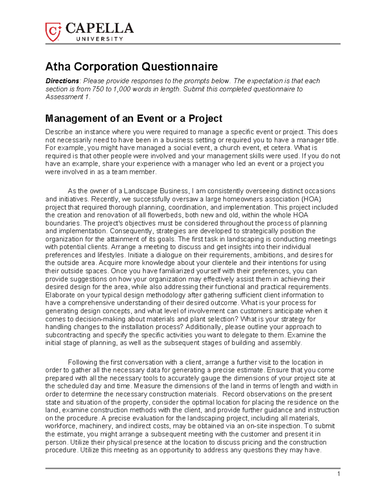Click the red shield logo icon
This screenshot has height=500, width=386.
53,32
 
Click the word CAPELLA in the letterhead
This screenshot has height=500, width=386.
100,29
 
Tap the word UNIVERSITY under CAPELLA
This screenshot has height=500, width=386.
99,39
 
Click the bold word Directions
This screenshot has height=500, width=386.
62,81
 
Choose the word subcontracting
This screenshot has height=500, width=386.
68,335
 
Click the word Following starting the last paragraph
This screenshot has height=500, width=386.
83,362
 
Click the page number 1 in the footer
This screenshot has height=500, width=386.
338,474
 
